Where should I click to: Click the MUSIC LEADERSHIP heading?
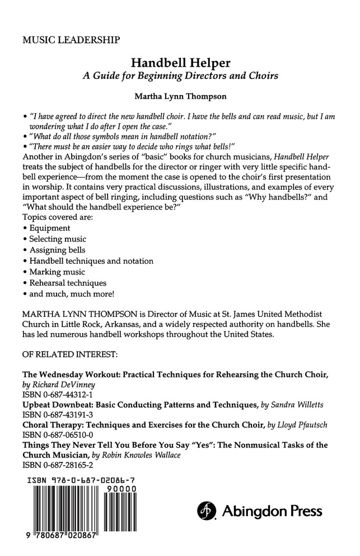[70, 40]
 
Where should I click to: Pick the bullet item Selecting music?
[57, 239]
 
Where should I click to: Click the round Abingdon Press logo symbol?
[207, 511]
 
